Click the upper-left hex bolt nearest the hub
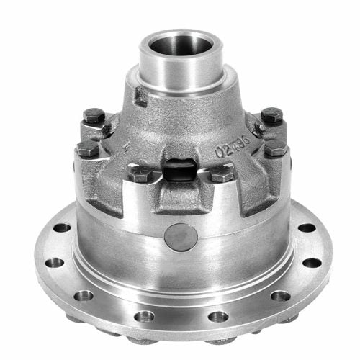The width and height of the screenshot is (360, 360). click(94, 114)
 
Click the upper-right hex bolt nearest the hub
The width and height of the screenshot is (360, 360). click(271, 114)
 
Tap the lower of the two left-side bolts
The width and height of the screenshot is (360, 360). click(87, 149)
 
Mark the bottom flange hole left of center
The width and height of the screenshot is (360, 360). click(144, 315)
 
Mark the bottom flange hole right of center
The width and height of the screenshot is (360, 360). click(217, 315)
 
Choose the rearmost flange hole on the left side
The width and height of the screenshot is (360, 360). click(63, 228)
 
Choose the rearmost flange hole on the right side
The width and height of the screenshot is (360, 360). click(307, 228)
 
